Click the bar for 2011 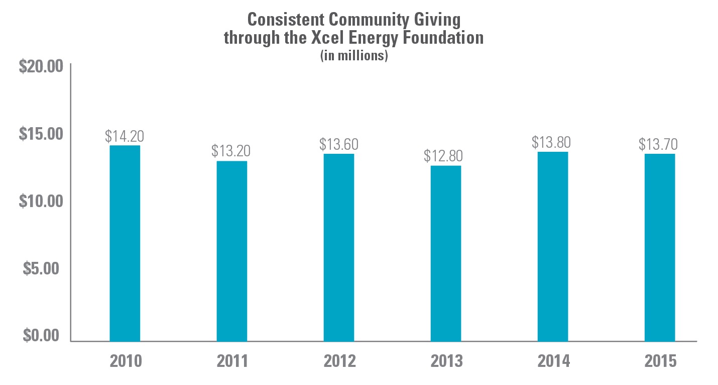point(231,251)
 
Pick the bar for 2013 point(445,253)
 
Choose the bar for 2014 point(552,246)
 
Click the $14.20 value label point(125,136)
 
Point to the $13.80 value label point(551,142)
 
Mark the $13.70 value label point(658,144)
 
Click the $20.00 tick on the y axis point(41,67)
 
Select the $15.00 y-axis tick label point(41,134)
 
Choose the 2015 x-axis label point(659,361)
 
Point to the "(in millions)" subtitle point(354,56)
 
